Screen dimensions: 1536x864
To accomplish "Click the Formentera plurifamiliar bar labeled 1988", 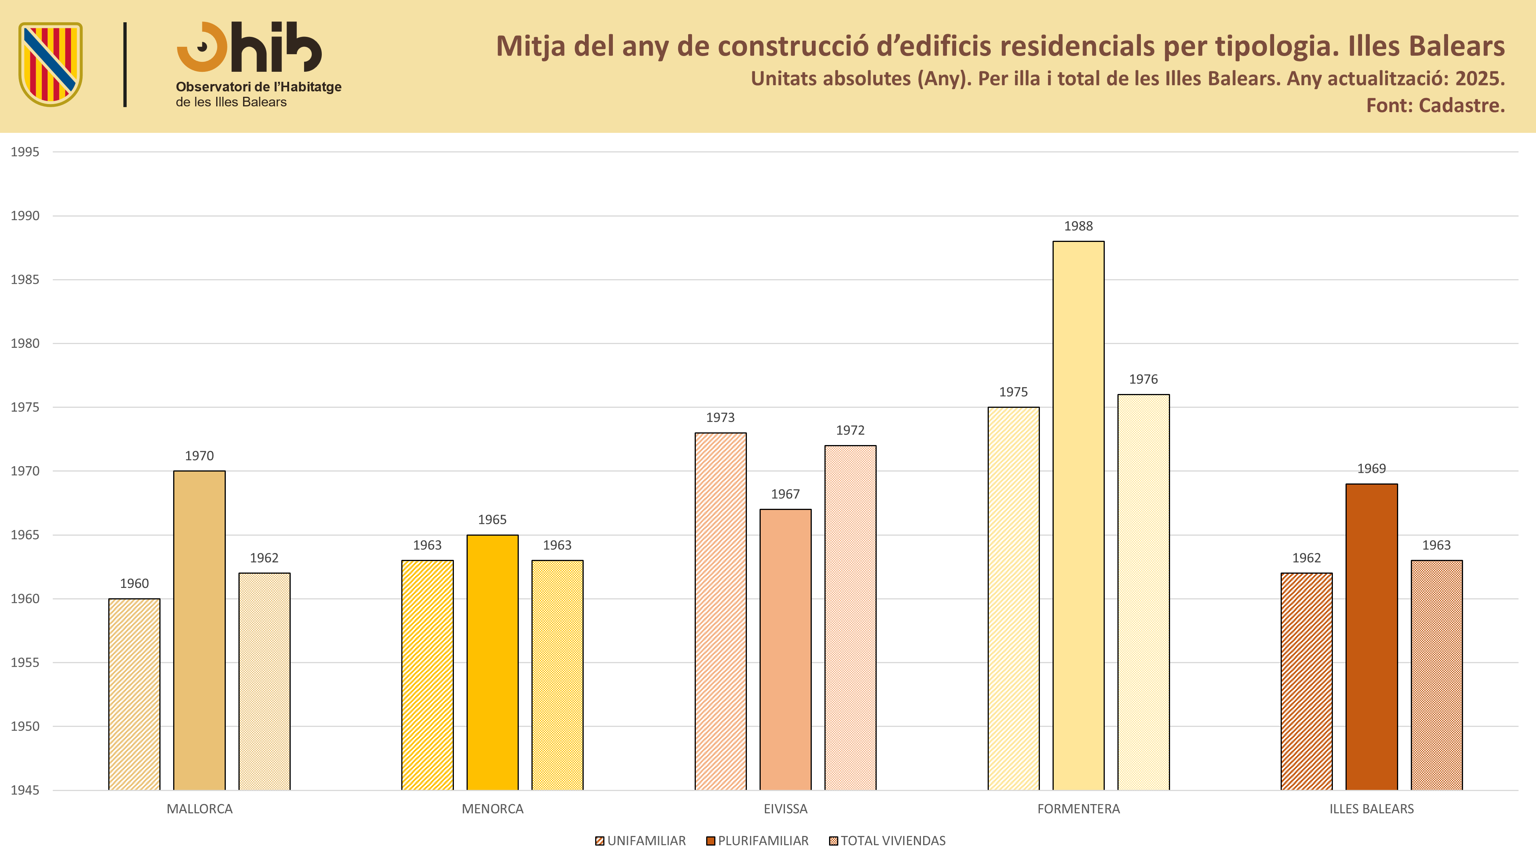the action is tap(1078, 516).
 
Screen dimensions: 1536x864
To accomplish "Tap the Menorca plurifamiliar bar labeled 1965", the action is tap(492, 662).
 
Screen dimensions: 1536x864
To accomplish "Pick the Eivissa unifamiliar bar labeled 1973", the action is tap(720, 612).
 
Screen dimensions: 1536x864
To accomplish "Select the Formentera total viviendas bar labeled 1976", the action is tap(1143, 593).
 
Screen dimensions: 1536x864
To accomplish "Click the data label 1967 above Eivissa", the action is tap(785, 494).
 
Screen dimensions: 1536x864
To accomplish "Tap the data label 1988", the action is tap(1078, 226).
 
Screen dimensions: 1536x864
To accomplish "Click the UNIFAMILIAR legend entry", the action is tap(641, 841).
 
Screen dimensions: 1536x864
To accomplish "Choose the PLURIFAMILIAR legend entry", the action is tap(757, 841).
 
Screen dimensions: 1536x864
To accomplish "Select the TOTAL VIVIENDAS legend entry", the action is tap(887, 841).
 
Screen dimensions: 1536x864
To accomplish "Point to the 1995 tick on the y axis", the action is tap(25, 152).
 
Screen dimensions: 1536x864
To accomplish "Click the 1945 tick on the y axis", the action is tap(25, 791).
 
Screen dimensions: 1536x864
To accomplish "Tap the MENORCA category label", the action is tap(493, 809).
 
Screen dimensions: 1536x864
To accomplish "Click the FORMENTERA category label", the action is tap(1079, 809).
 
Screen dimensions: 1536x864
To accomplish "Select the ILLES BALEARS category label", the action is tap(1371, 809).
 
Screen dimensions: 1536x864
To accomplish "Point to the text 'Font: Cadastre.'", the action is tap(1435, 106).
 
